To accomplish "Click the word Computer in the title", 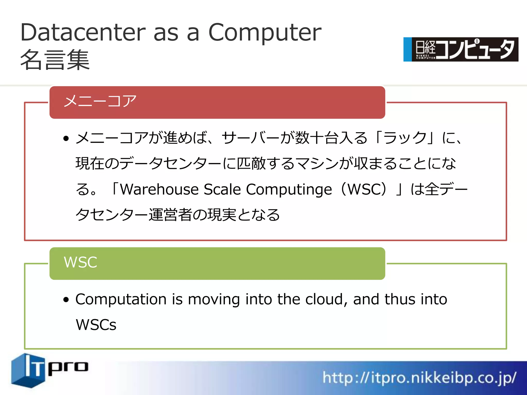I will (x=265, y=33).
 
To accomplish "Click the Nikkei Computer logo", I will (x=461, y=49).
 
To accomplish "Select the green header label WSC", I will (x=80, y=263).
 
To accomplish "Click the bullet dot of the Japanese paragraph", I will (x=66, y=139).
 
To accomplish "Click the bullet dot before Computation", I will (x=66, y=300).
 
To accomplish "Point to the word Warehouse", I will (x=160, y=190).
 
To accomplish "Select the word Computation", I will (x=121, y=300).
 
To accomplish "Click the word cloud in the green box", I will (x=324, y=300).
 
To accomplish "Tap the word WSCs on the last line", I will (x=96, y=325).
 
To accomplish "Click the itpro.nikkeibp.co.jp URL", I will (x=419, y=378).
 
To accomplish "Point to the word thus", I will (x=400, y=300).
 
